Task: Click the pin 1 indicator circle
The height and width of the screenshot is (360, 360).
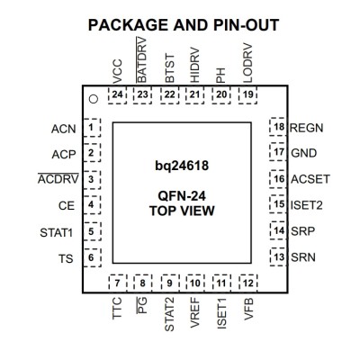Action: click(x=94, y=99)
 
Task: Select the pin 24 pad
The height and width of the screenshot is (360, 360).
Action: click(x=117, y=95)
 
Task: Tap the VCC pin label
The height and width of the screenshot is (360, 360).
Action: click(x=118, y=71)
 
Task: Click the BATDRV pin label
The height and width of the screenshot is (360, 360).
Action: click(x=141, y=60)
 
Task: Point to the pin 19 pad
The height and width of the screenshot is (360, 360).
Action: click(x=248, y=95)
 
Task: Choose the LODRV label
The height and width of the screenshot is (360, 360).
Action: click(x=247, y=63)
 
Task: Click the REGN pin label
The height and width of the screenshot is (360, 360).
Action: click(x=306, y=128)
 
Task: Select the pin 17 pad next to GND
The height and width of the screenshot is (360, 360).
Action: click(x=278, y=152)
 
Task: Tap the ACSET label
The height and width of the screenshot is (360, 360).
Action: click(x=310, y=179)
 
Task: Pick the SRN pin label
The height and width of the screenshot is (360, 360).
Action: click(x=303, y=257)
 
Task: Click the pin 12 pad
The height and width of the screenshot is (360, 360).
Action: click(x=248, y=283)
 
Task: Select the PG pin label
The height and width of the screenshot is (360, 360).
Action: click(x=142, y=305)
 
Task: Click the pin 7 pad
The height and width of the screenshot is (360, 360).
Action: click(x=117, y=283)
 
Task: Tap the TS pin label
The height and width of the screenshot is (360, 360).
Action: click(x=66, y=258)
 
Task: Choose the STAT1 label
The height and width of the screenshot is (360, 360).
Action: click(x=57, y=233)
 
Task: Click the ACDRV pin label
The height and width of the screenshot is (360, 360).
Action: click(x=58, y=179)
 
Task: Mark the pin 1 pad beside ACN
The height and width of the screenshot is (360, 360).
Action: click(x=92, y=128)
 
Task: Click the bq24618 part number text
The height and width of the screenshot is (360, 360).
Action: click(x=182, y=166)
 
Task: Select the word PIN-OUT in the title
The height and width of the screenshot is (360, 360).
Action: click(x=246, y=25)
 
